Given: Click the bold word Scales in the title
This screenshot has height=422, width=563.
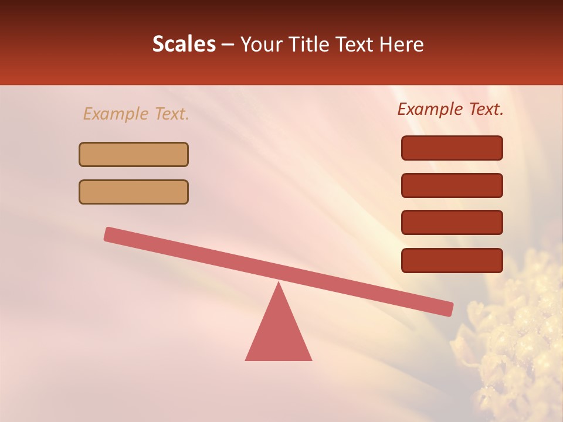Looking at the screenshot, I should click(x=184, y=45).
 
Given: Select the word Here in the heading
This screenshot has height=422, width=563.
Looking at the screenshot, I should click(x=402, y=45).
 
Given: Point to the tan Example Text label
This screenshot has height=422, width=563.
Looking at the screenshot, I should click(x=136, y=114).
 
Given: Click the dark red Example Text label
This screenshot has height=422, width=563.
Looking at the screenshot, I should click(x=450, y=109).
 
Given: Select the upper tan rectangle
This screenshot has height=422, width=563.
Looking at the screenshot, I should click(x=134, y=154).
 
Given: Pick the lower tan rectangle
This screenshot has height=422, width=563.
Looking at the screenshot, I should click(x=134, y=192).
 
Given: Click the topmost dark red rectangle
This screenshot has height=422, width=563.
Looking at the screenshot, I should click(x=452, y=148).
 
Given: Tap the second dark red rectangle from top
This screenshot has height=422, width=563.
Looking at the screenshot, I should click(x=452, y=185).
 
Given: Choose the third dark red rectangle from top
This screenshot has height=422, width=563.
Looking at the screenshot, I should click(x=452, y=223).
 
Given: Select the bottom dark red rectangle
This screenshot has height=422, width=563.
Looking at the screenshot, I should click(x=452, y=260).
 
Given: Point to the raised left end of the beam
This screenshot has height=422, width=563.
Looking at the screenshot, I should click(x=110, y=234).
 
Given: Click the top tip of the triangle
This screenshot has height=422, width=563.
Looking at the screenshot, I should click(x=279, y=284).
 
